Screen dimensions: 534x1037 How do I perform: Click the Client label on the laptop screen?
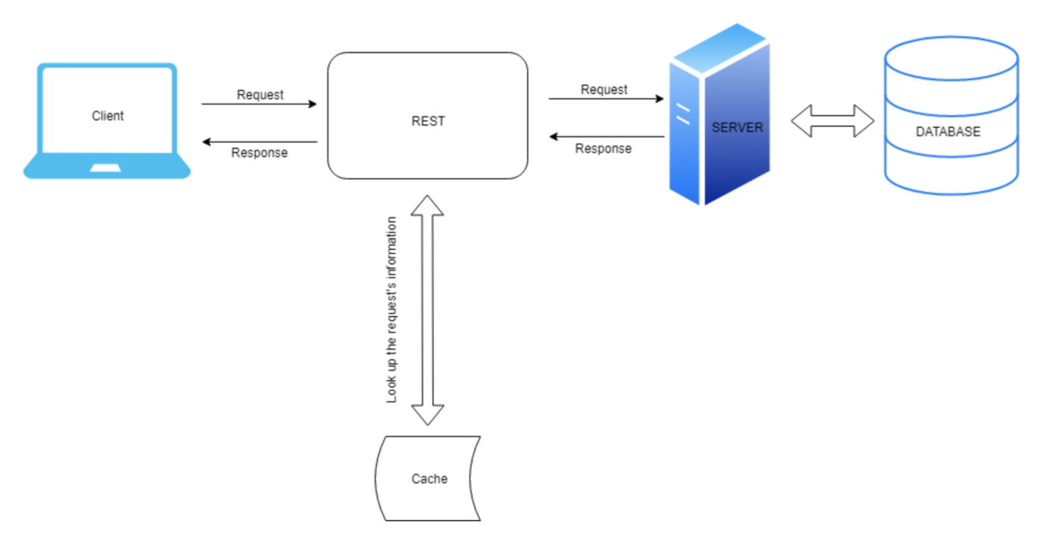tap(107, 116)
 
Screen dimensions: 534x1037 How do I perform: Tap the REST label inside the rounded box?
tap(428, 121)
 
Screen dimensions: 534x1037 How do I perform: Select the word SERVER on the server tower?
tap(737, 127)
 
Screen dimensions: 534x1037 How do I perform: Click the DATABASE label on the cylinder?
tap(948, 132)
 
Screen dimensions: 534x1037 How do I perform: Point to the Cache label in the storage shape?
tap(429, 478)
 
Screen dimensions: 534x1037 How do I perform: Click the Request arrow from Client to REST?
tap(259, 105)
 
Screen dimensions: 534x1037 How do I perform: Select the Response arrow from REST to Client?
tap(259, 142)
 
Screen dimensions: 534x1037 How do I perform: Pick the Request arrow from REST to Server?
tap(605, 99)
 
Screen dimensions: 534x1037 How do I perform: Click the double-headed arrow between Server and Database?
tap(833, 121)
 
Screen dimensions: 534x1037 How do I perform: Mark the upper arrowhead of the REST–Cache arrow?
tap(427, 206)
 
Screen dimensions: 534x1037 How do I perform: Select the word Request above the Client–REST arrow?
tap(260, 94)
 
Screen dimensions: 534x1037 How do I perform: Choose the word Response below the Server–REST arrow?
tap(603, 149)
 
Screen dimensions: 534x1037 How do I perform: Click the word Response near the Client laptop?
tap(259, 153)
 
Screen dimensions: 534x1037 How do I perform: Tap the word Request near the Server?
tap(604, 89)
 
